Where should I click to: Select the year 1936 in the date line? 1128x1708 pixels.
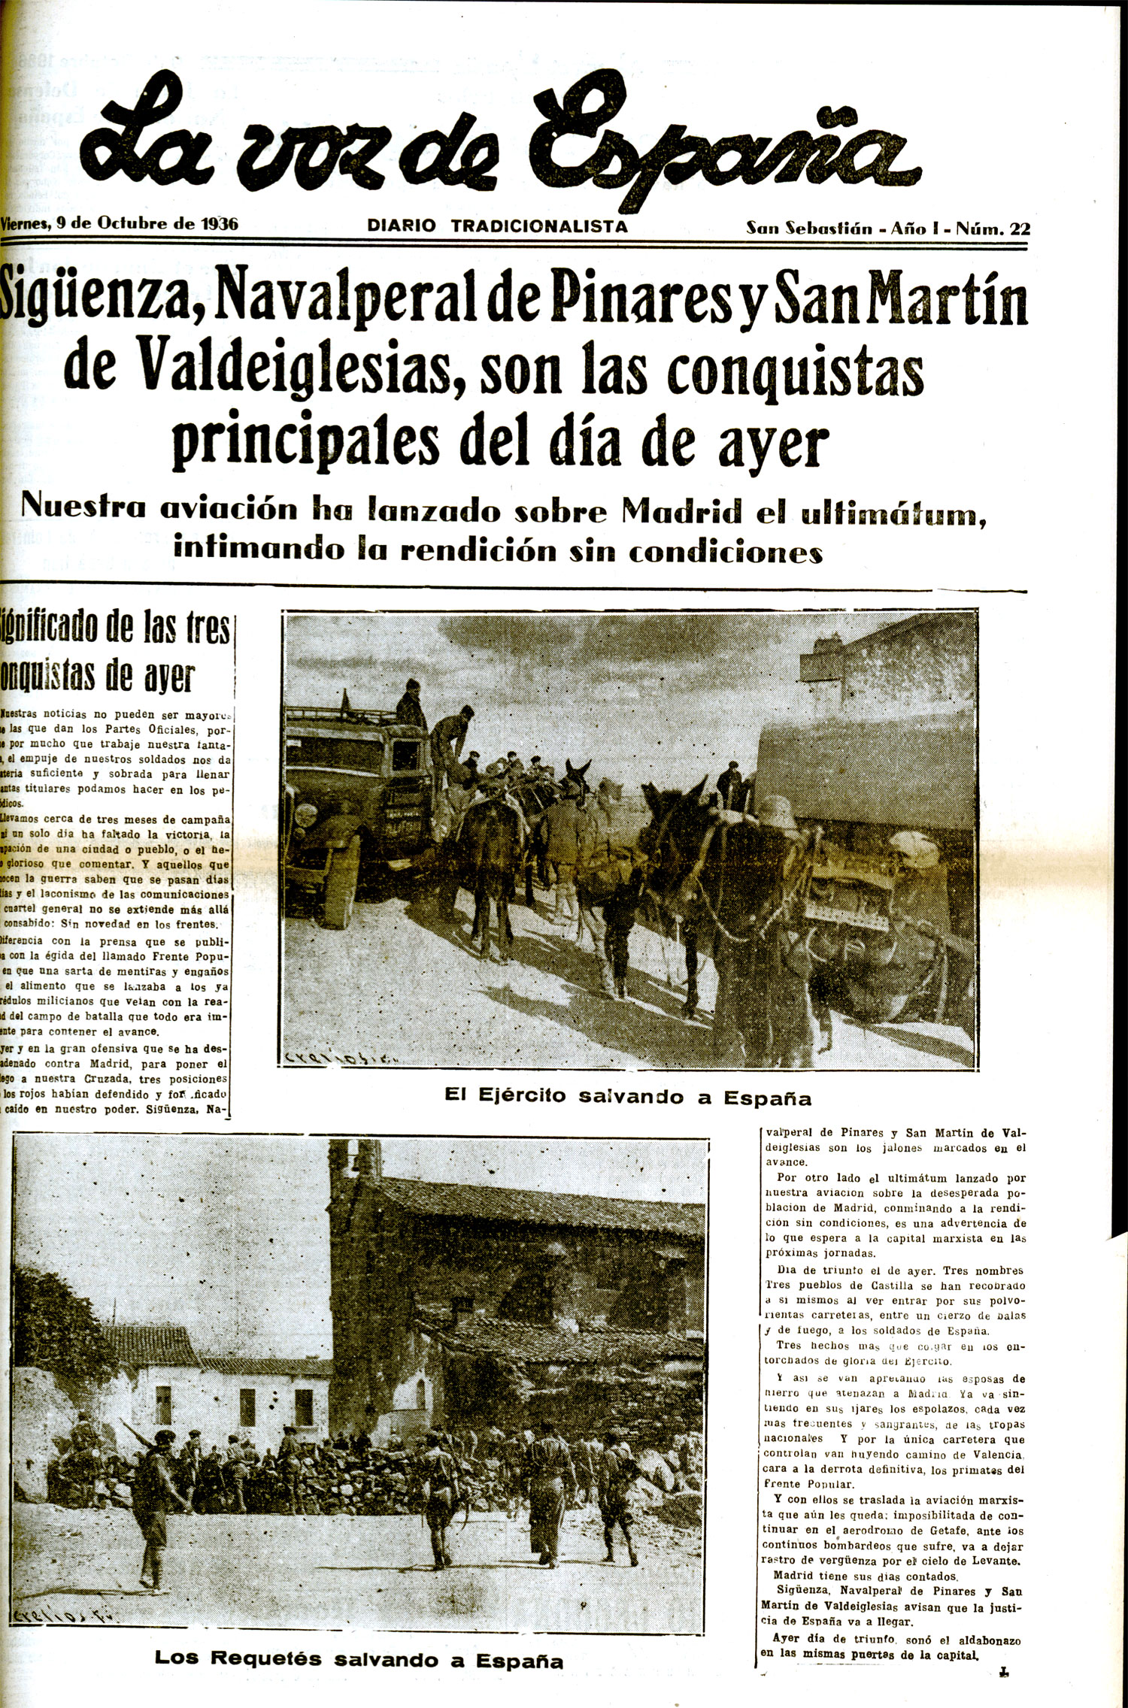tap(219, 224)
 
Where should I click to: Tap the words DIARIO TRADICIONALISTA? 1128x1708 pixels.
tap(497, 226)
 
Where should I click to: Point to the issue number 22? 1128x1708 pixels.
tap(1020, 229)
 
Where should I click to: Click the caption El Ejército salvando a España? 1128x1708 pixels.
tap(628, 1097)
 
